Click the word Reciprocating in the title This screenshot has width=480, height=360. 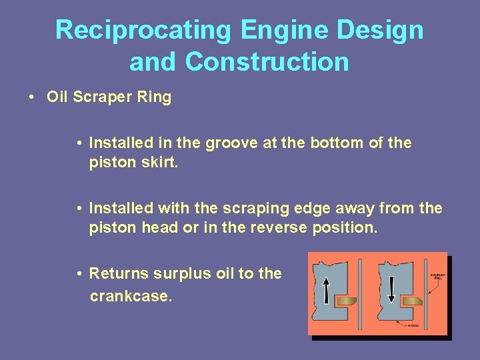coord(143,31)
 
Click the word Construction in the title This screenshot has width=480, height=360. coord(267,62)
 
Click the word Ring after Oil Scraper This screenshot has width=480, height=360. coord(156,97)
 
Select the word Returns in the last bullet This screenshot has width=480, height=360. coord(119,273)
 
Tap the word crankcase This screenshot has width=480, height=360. coord(131,295)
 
